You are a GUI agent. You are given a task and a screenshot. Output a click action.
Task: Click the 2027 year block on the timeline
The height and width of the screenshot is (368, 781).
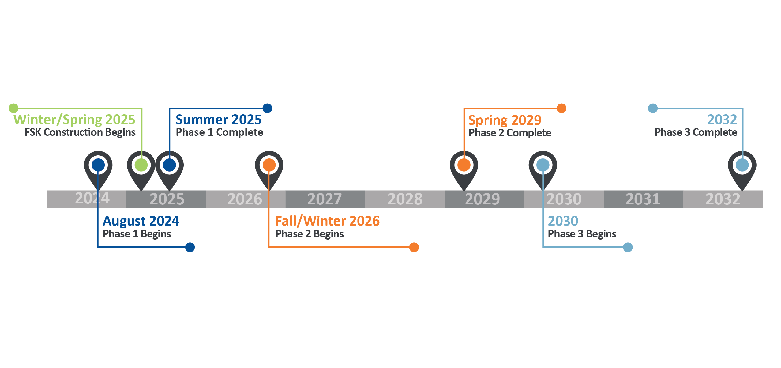[x=325, y=199]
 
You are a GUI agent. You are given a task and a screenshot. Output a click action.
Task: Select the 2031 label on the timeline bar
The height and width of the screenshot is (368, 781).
[x=643, y=199]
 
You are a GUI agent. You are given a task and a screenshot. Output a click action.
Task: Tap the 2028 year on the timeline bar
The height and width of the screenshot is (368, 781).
[x=405, y=199]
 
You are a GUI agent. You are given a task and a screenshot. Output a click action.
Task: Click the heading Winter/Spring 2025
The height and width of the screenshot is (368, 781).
[x=74, y=120]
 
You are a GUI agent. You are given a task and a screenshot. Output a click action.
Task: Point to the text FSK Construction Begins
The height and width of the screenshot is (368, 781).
[x=80, y=132]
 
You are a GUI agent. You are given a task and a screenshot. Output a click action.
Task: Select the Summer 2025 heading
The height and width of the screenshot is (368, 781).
[x=219, y=120]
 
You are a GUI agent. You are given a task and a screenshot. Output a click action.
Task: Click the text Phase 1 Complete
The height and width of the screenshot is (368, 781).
[x=219, y=132]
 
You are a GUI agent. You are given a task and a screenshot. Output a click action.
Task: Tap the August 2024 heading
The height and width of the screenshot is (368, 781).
[x=141, y=221]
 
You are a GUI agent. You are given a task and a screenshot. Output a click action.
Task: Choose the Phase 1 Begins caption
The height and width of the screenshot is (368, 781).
[x=137, y=234]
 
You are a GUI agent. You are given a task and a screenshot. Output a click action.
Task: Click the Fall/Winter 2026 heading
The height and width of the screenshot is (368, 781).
[x=327, y=221]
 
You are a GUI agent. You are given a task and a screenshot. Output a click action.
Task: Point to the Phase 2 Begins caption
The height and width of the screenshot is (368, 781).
[x=309, y=234]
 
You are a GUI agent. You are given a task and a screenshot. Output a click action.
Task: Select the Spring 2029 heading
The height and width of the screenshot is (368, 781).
[x=505, y=120]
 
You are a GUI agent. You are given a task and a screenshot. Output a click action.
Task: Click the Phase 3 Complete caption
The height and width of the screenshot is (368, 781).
[x=696, y=132]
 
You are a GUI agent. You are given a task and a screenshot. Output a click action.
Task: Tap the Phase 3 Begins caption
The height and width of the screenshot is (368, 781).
[x=582, y=234]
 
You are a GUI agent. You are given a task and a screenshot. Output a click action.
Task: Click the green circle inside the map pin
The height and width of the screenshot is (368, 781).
[x=141, y=165]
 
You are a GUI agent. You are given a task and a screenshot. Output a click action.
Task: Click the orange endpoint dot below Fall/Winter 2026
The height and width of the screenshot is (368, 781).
[x=414, y=247]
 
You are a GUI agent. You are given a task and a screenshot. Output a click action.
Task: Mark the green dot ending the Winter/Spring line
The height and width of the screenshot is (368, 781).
[x=13, y=108]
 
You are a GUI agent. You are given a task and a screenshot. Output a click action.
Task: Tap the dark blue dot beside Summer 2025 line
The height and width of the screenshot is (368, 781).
[x=267, y=108]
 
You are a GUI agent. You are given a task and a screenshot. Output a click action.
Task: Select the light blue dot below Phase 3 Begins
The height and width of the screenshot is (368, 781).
[x=628, y=247]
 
